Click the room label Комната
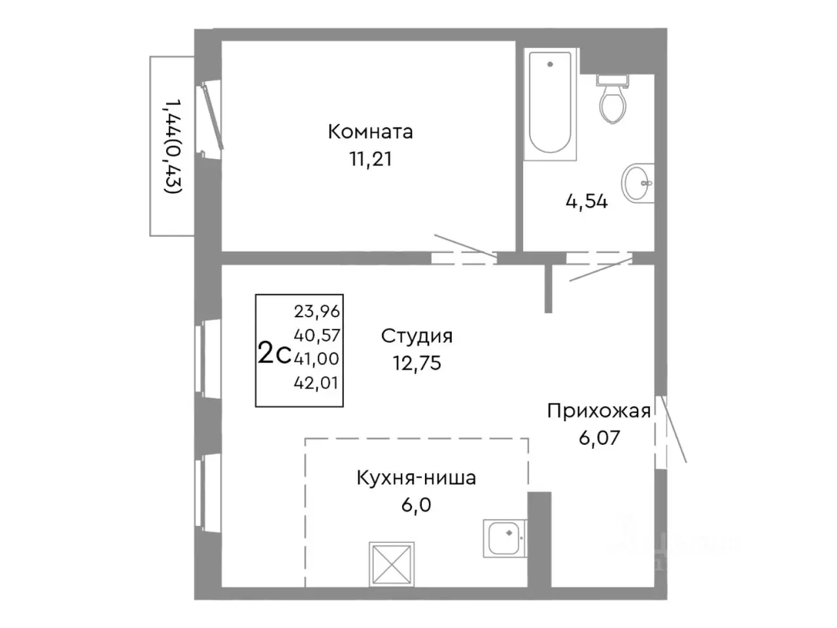tap(370, 131)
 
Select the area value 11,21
tap(370, 159)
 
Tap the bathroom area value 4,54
tap(586, 201)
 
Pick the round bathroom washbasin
tap(637, 183)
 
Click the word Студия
tap(417, 336)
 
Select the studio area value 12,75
tap(417, 363)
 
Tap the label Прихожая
tap(598, 411)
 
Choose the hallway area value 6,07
tap(598, 438)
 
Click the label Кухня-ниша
tap(416, 478)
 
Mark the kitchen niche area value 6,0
tap(416, 505)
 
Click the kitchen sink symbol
tap(504, 538)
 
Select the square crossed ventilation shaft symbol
tap(391, 563)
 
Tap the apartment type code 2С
tap(274, 354)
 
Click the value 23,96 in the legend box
tap(317, 312)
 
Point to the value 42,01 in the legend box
tap(317, 383)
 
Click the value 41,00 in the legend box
tap(317, 358)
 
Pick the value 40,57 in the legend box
tap(317, 336)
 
